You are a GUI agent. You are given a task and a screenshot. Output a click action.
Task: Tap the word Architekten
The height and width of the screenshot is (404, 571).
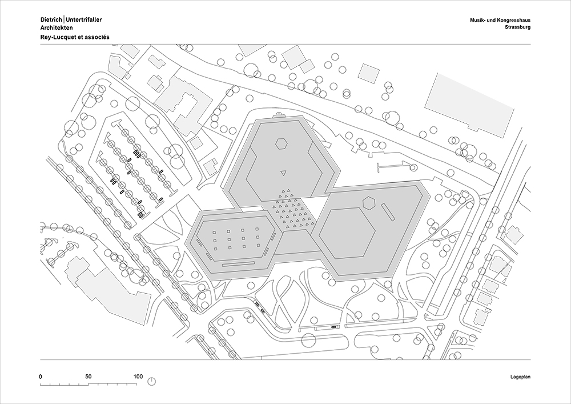57,27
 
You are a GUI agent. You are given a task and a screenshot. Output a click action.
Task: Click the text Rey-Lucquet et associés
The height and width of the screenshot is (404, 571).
75,37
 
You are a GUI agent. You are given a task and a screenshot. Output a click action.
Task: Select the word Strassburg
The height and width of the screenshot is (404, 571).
518,27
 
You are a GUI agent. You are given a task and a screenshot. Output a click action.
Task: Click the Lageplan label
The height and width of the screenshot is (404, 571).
520,377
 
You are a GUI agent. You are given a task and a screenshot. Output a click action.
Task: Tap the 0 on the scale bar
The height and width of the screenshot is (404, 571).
41,377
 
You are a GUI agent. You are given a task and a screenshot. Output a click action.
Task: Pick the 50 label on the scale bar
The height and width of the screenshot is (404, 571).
89,377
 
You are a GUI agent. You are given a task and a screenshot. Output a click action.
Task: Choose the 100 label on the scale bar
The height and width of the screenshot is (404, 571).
138,377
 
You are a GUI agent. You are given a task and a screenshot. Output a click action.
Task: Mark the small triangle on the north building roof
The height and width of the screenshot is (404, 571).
283,173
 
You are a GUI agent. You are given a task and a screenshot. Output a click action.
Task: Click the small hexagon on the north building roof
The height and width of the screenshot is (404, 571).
281,143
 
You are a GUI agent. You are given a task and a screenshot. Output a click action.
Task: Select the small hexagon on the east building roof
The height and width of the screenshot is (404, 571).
369,202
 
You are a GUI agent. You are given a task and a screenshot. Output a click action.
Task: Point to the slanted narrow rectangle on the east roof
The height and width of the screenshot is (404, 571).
388,213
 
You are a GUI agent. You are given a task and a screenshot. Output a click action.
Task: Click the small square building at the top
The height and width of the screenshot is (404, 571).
368,72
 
